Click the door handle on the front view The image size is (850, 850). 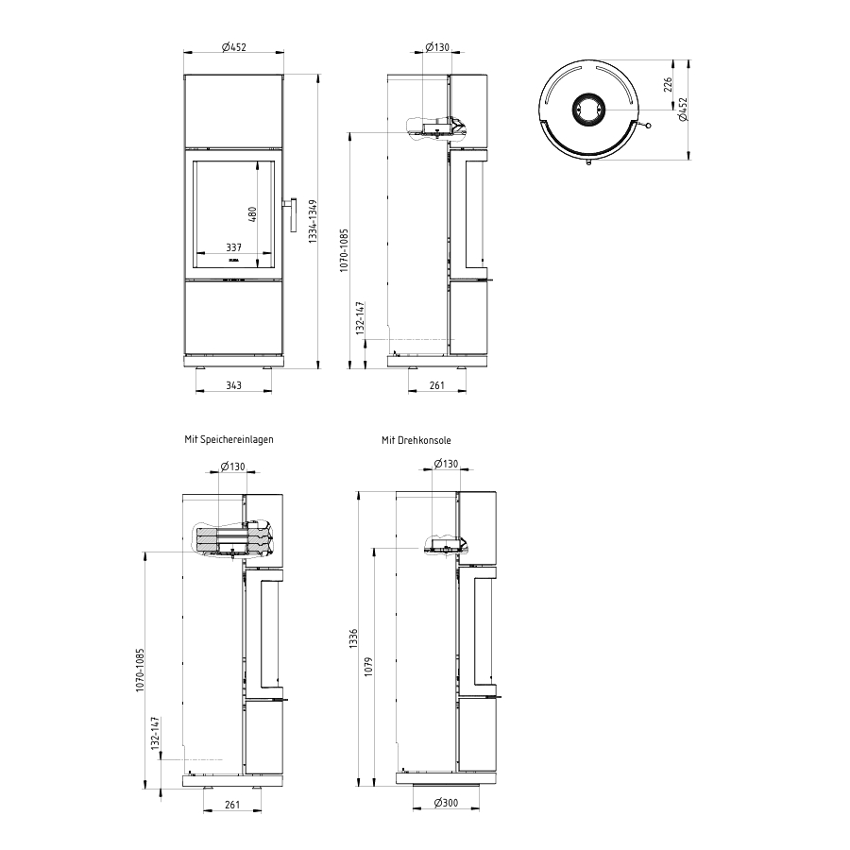coord(292,215)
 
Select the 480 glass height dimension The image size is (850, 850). coord(252,214)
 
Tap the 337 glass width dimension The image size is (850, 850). coord(233,247)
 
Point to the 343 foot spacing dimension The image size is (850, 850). coord(233,385)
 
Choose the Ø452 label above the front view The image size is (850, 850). coord(233,47)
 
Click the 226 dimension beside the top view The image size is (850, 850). coord(668,85)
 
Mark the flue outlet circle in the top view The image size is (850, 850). coord(587,109)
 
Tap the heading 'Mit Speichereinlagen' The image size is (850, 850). coord(229,439)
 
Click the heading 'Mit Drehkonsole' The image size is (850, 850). coord(416,440)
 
